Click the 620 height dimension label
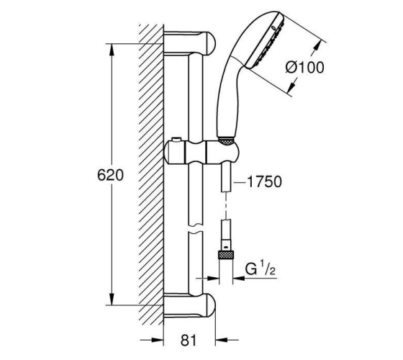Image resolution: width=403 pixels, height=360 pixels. coord(111,175)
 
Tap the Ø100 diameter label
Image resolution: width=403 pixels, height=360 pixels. coord(305,68)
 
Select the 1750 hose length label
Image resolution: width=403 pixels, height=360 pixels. coord(265,181)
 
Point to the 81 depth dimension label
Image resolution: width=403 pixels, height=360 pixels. coord(189,341)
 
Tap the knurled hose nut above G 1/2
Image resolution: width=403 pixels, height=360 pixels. coord(226,255)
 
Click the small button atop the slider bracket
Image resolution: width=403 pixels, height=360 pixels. coord(176,140)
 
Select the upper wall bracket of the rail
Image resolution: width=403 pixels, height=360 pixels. coord(190,43)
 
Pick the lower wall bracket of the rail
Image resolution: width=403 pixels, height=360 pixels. coord(190,305)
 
